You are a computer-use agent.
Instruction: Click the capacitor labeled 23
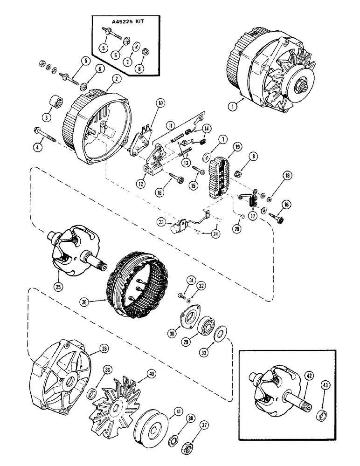click(178, 227)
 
